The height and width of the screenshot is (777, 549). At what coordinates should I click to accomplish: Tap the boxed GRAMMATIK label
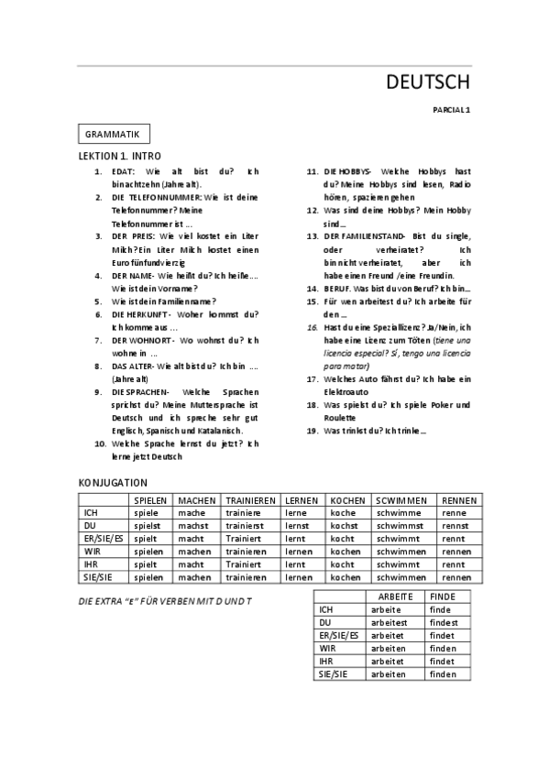(113, 134)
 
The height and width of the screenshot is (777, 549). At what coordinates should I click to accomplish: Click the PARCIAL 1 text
(451, 110)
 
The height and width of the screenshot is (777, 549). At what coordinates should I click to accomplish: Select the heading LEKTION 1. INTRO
(120, 157)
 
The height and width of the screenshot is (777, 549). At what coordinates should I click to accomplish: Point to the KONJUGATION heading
(114, 482)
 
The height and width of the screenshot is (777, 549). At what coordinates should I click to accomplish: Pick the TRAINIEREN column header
(251, 500)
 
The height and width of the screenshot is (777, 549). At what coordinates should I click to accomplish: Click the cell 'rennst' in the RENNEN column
(456, 526)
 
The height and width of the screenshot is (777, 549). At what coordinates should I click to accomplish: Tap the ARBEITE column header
(395, 596)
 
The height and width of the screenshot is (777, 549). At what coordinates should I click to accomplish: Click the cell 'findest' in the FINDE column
(444, 621)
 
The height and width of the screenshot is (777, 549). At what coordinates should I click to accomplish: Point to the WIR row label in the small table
(327, 648)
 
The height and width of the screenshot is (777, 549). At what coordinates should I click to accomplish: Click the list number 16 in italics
(313, 327)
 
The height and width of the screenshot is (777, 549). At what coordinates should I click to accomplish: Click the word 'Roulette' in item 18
(343, 417)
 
